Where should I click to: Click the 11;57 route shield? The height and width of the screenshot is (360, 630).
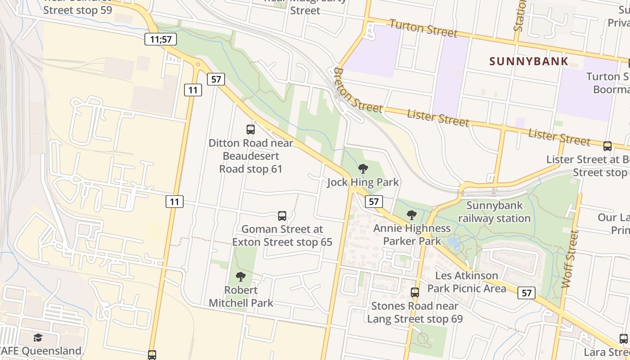click(x=161, y=39)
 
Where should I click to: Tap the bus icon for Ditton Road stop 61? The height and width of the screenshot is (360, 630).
click(x=251, y=130)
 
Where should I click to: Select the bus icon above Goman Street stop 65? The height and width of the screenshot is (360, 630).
click(x=282, y=216)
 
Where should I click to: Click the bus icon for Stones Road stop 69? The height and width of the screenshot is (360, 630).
click(x=415, y=292)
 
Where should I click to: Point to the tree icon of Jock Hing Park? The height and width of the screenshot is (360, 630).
click(x=363, y=169)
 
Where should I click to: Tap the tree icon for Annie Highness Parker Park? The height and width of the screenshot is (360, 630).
click(x=411, y=215)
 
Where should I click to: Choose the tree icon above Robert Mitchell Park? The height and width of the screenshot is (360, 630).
click(x=241, y=276)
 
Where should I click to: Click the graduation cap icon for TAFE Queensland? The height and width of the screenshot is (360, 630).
click(x=38, y=337)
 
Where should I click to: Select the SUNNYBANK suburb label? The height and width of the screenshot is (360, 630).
click(x=529, y=61)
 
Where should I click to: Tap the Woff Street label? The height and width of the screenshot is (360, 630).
click(x=570, y=259)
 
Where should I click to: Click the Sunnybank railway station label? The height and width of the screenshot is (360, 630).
click(x=495, y=212)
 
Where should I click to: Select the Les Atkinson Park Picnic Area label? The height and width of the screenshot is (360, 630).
click(x=467, y=282)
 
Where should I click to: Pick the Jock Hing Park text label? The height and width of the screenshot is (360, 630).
click(x=363, y=182)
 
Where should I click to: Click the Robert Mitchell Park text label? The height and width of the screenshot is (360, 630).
click(x=241, y=296)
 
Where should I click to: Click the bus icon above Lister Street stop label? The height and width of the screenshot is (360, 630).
click(x=607, y=146)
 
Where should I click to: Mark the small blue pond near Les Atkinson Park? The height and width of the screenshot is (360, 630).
click(x=454, y=243)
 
